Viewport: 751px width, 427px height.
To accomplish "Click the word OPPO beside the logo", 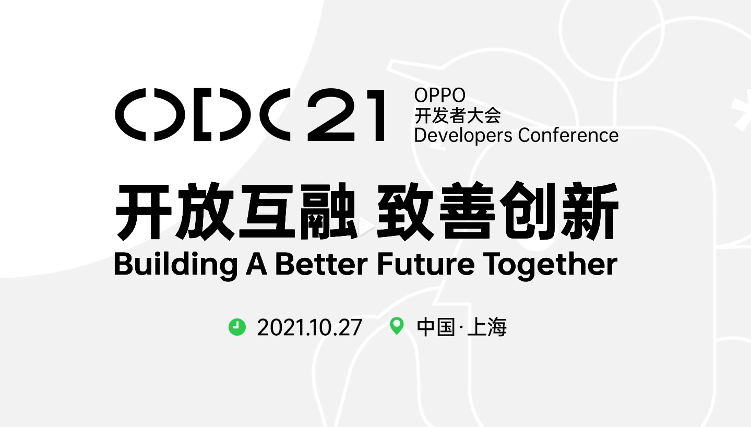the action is click(x=439, y=95).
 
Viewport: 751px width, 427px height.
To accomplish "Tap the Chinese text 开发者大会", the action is click(x=458, y=115).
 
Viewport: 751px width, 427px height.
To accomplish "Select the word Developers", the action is click(x=463, y=136).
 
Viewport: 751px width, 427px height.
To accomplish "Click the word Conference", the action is click(x=568, y=135).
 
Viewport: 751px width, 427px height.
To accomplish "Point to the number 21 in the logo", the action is click(x=346, y=115).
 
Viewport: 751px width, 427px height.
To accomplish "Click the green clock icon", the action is click(x=237, y=327).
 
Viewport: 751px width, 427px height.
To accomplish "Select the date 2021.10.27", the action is click(x=309, y=327).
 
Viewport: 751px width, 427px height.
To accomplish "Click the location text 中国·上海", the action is click(x=461, y=327).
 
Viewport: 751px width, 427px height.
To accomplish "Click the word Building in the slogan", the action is click(x=176, y=265).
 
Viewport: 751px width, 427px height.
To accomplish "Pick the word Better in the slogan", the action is click(x=321, y=265).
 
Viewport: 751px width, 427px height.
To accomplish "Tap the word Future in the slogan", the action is click(x=426, y=265).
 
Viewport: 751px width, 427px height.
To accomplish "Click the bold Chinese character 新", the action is click(x=590, y=211).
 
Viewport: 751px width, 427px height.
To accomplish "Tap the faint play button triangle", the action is click(x=366, y=226).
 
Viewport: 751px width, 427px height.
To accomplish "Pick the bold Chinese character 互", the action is click(x=267, y=211).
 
